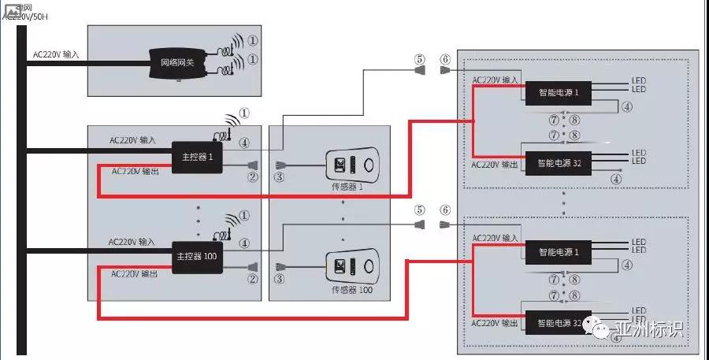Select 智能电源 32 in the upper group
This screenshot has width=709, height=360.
(x=558, y=164)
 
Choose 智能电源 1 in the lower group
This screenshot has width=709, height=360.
(x=558, y=252)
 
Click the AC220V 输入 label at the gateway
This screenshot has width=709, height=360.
(x=56, y=55)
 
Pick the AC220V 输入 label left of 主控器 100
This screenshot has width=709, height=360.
(x=132, y=242)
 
